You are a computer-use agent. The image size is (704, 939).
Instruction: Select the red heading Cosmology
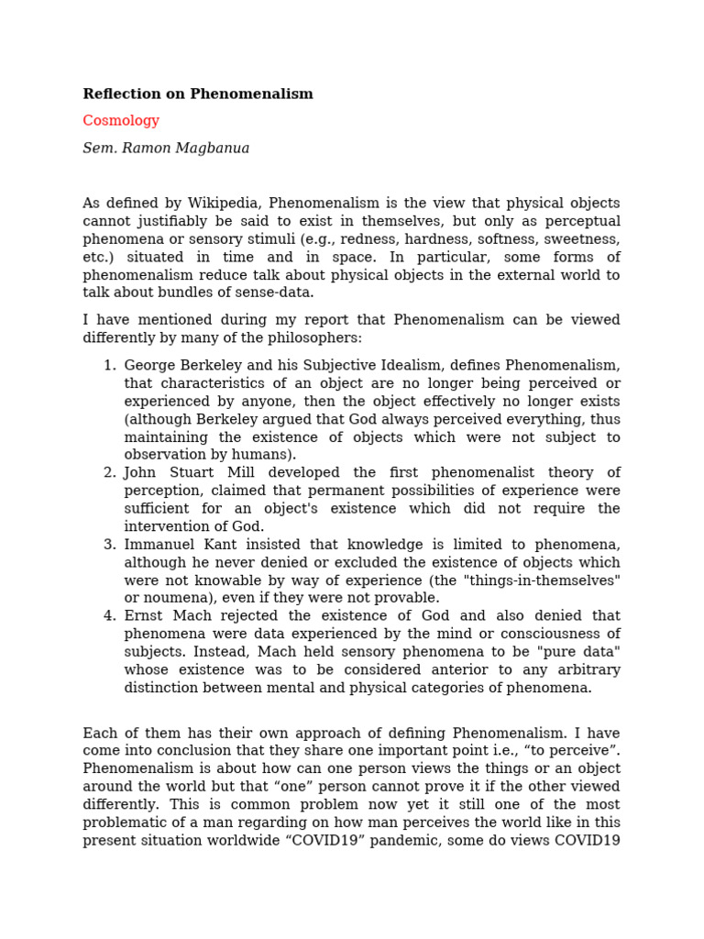[x=121, y=121]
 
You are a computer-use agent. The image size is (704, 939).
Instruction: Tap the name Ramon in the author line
[x=147, y=149]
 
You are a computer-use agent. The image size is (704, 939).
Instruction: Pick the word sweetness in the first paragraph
[x=583, y=239]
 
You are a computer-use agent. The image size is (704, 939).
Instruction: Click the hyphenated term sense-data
[x=275, y=293]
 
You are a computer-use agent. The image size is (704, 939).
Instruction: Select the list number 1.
[x=109, y=366]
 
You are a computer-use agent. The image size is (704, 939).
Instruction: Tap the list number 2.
[x=109, y=473]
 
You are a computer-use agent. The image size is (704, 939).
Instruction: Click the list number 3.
[x=109, y=545]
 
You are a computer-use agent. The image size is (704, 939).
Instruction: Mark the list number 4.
[x=109, y=616]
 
